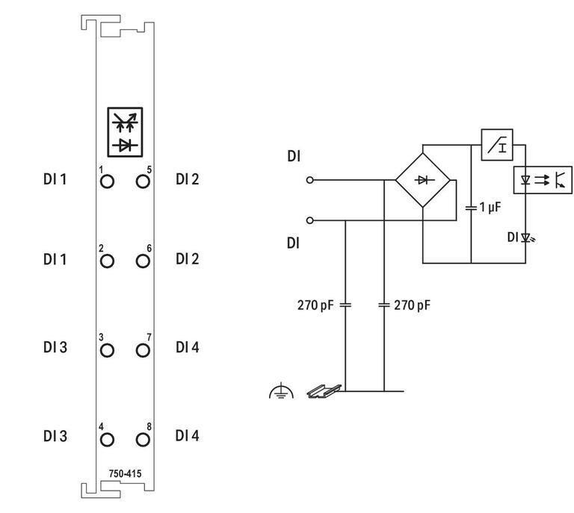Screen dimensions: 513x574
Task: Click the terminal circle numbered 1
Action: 107,181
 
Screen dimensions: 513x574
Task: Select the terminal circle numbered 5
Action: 143,181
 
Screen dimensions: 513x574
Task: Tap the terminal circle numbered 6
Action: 143,261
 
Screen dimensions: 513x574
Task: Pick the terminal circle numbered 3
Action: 107,349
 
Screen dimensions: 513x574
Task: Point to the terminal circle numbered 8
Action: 143,438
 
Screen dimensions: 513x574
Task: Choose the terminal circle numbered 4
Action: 107,438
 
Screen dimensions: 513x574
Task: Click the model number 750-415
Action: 125,473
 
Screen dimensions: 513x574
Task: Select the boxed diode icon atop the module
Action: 125,132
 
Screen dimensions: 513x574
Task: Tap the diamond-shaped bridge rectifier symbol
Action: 422,180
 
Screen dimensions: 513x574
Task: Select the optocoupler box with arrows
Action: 543,180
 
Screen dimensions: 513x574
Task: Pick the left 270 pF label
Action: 315,305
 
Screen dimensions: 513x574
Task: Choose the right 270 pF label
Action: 413,305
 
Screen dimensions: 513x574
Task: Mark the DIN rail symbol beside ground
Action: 324,390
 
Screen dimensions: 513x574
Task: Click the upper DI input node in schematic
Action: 310,180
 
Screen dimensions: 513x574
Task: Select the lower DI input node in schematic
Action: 310,220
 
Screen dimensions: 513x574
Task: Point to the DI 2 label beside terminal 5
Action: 188,179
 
